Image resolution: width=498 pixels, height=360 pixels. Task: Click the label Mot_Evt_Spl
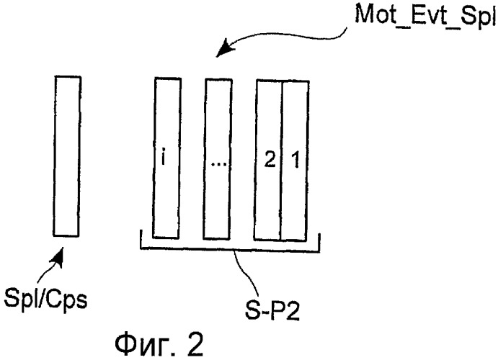click(x=426, y=16)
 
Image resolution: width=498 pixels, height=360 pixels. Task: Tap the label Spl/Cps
click(x=45, y=299)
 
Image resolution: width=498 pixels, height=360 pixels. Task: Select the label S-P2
click(x=272, y=312)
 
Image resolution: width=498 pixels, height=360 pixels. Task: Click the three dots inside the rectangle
click(x=219, y=164)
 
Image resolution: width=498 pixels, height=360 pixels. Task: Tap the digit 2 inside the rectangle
click(x=270, y=159)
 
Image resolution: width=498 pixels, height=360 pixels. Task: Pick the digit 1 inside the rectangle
click(x=295, y=159)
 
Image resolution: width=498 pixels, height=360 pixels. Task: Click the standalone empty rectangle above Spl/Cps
click(x=67, y=156)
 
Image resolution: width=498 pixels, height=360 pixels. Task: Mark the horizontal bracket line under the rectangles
click(x=230, y=250)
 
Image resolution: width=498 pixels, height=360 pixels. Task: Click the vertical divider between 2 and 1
click(x=281, y=161)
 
